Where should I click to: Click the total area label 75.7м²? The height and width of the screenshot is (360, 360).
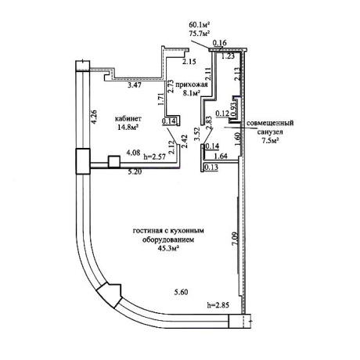click(x=200, y=33)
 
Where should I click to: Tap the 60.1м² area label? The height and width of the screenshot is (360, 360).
click(x=200, y=25)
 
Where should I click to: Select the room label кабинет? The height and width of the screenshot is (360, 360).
click(x=128, y=119)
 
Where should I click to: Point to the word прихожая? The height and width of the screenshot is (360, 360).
click(x=192, y=85)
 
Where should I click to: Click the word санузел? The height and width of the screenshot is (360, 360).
click(x=270, y=132)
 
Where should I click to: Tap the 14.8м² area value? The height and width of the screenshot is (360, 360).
click(x=128, y=128)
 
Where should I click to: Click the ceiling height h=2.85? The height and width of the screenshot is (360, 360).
click(x=218, y=304)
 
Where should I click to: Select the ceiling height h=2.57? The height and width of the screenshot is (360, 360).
click(x=155, y=157)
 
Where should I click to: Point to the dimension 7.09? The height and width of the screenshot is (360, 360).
click(x=235, y=238)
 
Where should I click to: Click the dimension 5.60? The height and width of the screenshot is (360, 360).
click(x=181, y=292)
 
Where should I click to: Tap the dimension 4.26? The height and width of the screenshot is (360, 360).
click(x=94, y=117)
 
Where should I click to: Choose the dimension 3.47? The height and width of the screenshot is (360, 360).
click(x=135, y=85)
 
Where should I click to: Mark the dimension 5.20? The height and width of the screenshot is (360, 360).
click(x=135, y=172)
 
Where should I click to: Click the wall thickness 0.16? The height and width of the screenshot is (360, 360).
click(x=220, y=42)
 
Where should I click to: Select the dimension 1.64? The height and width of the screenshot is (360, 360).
click(x=221, y=157)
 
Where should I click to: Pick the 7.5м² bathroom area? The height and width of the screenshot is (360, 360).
click(x=270, y=141)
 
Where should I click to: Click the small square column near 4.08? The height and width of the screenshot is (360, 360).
click(x=114, y=161)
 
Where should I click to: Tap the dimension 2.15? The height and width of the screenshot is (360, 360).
click(x=189, y=62)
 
